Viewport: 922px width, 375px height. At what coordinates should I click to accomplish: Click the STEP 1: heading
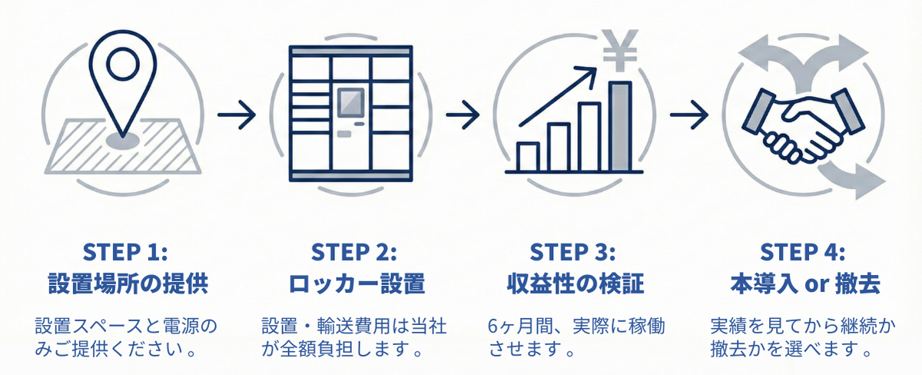[127, 254]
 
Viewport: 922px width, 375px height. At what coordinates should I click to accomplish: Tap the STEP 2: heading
[354, 254]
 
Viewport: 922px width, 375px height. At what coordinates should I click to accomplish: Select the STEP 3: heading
[574, 254]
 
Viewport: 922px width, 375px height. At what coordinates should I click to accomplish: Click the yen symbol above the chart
[619, 48]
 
